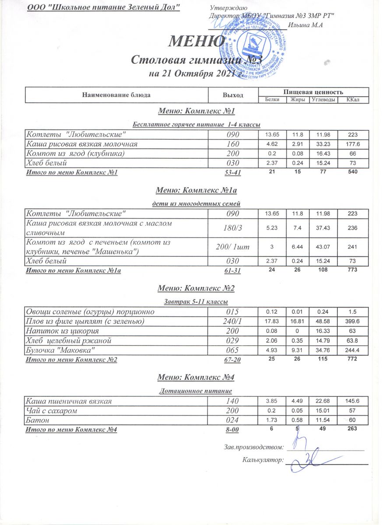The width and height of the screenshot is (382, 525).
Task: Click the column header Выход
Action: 232,95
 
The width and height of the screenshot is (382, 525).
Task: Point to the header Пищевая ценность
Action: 313,91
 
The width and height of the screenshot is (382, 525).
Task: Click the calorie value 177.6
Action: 352,143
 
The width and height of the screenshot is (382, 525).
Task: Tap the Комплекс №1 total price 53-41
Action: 232,173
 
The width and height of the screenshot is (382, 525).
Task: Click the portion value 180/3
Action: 232,227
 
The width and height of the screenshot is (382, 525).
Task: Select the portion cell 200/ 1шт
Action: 232,247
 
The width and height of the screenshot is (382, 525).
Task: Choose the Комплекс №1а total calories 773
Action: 352,270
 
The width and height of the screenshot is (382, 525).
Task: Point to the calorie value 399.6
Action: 352,322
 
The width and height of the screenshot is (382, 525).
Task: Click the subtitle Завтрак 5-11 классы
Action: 196,302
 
